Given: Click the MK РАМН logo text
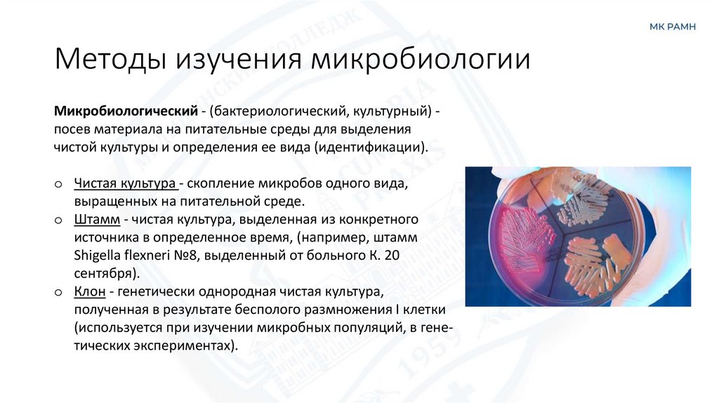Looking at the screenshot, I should pos(672,27).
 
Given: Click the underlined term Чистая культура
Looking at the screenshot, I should pos(125,184).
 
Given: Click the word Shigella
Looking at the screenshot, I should pos(97,256).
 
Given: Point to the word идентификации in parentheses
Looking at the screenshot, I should pos(373,148).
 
